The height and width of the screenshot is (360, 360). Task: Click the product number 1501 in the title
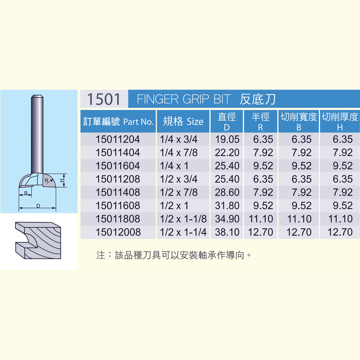pyautogui.click(x=104, y=99)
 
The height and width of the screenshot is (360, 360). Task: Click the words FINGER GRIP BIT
pyautogui.click(x=184, y=99)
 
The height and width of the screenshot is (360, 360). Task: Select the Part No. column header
pyautogui.click(x=118, y=121)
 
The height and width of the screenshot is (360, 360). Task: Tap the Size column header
pyautogui.click(x=183, y=121)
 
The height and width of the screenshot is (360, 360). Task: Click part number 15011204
pyautogui.click(x=118, y=139)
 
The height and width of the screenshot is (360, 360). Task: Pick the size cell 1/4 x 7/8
pyautogui.click(x=179, y=153)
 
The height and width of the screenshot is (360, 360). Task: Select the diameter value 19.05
pyautogui.click(x=227, y=139)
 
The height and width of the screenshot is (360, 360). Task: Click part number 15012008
pyautogui.click(x=118, y=232)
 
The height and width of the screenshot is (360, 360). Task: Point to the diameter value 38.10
pyautogui.click(x=227, y=232)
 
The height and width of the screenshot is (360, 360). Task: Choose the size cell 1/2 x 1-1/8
pyautogui.click(x=183, y=219)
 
